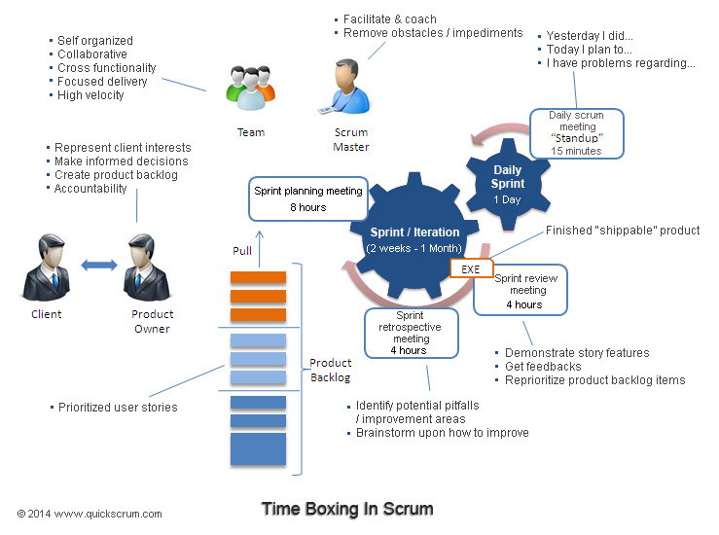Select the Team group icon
[x=249, y=89]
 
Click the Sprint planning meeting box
[x=308, y=198]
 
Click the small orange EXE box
[x=472, y=267]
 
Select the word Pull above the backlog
[x=242, y=251]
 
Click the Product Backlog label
[x=330, y=370]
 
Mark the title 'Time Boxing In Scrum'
[x=346, y=509]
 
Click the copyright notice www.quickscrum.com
[x=90, y=514]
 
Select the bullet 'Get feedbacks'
[x=542, y=367]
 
